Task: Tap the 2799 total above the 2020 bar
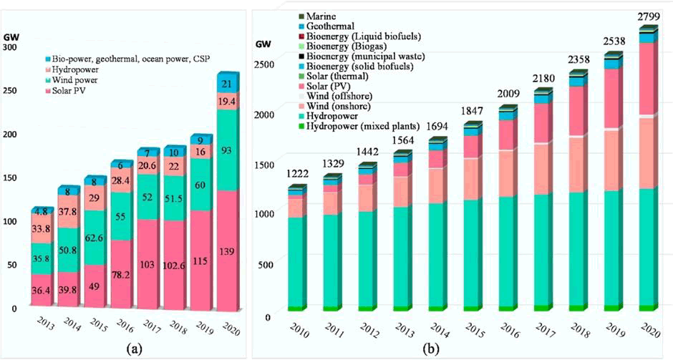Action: click(650, 13)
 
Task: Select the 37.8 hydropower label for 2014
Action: click(69, 212)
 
